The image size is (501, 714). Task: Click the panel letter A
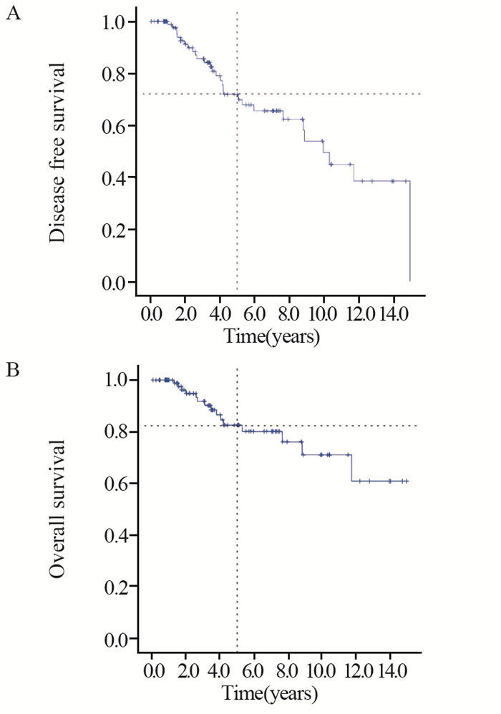coord(12,14)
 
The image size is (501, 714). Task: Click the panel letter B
coord(12,371)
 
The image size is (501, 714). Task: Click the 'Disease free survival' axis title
coord(59,152)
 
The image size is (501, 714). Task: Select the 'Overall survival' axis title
coord(59,508)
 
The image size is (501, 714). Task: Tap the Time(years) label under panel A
coord(271,336)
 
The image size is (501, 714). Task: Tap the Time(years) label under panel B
coord(271,693)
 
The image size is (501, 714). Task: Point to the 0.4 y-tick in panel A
coord(114,178)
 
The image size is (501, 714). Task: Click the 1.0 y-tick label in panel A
coord(114,22)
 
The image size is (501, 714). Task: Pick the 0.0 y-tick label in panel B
coord(114,639)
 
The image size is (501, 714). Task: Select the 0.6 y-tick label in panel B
coord(114,484)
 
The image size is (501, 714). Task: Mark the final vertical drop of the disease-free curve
coord(409,231)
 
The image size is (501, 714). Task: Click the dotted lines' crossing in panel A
coord(237,94)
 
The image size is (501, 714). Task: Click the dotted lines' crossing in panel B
coord(237,426)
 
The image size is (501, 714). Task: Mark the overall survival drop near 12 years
coord(351,467)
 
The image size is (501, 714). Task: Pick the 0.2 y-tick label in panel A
coord(114,230)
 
